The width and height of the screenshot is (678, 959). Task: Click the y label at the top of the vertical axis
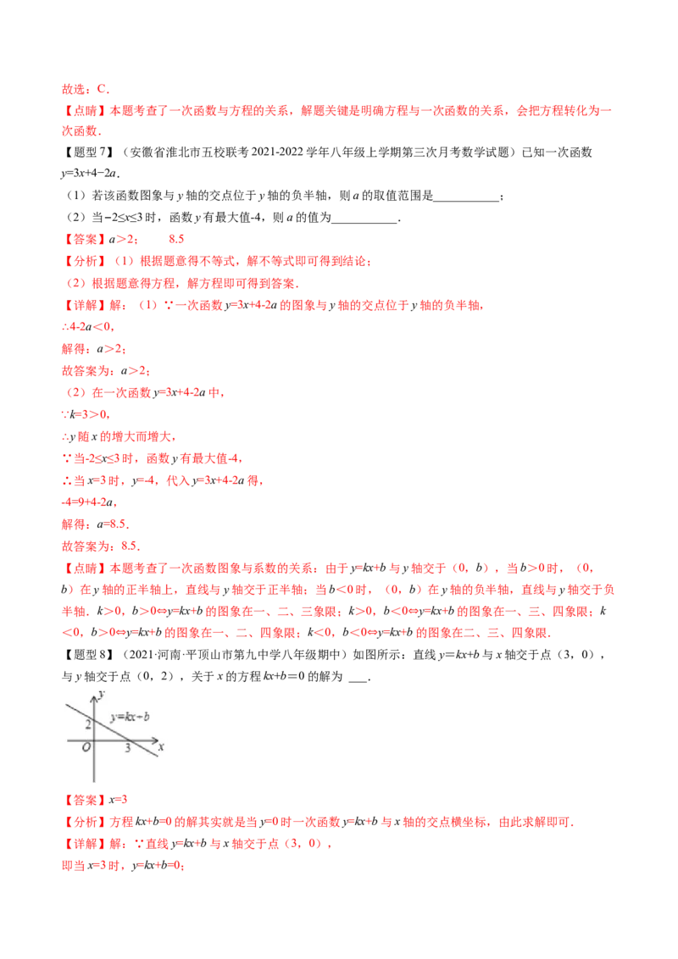coord(101,695)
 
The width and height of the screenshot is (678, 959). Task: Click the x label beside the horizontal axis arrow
coord(160,747)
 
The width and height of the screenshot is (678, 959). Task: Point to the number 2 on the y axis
coord(87,723)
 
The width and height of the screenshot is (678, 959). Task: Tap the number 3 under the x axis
coord(128,748)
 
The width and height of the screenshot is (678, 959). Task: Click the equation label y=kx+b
coord(130,717)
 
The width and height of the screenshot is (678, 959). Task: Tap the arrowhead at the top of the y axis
coord(95,691)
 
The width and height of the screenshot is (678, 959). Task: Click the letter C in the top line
coord(102,88)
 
